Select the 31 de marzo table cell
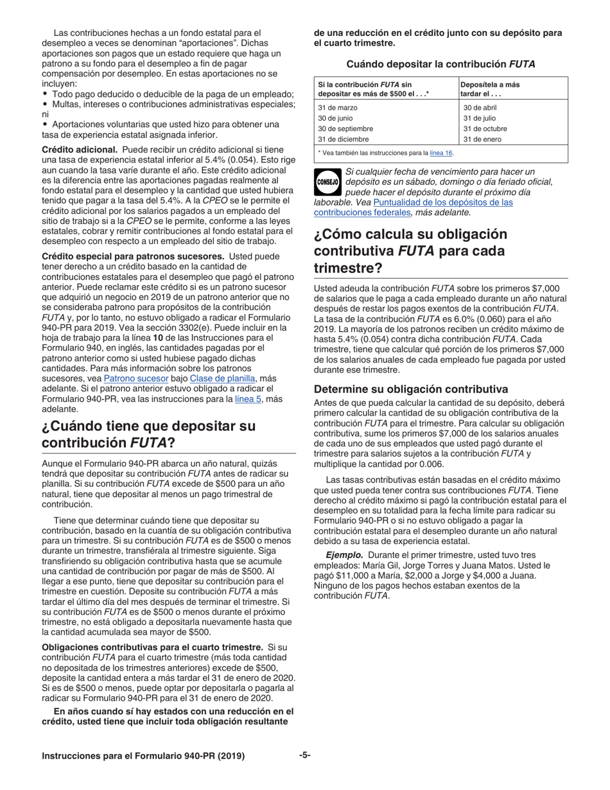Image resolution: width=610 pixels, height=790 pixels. click(338, 108)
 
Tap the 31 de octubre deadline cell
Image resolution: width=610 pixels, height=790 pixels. click(485, 128)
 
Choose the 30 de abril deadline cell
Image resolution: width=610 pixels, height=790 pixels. click(480, 108)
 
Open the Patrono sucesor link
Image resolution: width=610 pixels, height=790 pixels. click(127, 379)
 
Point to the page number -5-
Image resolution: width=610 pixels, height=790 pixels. click(305, 756)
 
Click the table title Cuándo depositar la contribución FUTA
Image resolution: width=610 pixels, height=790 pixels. click(440, 64)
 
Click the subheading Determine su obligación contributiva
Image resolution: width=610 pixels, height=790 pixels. click(410, 389)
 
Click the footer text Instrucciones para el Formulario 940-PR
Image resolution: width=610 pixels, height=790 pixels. click(143, 757)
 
